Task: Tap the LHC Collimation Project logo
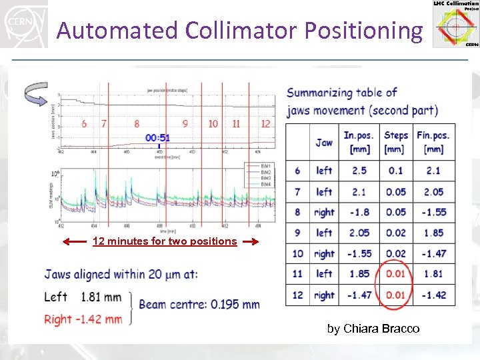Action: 456,24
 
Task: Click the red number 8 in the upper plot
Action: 137,123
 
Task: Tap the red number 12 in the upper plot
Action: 265,123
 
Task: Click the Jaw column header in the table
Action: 324,142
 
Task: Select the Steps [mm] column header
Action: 396,141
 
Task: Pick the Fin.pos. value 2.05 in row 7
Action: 433,192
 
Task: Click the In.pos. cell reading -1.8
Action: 359,212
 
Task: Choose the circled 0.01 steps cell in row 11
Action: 396,274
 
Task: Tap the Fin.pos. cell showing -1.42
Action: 433,295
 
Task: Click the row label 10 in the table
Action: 297,253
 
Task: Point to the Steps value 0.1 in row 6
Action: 396,171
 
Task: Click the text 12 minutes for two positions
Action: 165,241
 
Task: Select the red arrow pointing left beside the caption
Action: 75,241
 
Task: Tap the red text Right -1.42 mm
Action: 83,319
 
